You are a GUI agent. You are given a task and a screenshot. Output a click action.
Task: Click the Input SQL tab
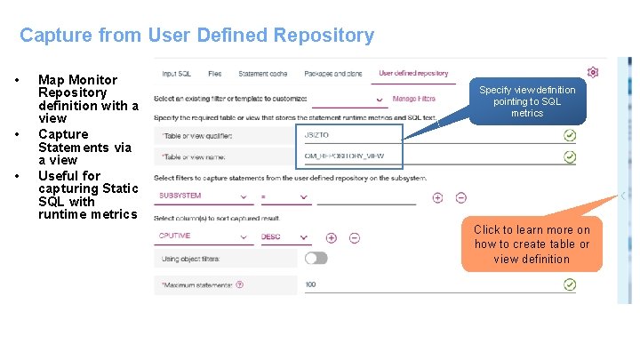pos(176,73)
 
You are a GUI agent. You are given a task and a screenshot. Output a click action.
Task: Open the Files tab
pos(215,73)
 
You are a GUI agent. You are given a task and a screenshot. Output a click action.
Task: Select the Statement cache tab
pos(262,73)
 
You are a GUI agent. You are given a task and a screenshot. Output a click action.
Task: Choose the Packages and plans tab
pos(332,73)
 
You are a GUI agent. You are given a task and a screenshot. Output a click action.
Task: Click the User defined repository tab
pos(413,73)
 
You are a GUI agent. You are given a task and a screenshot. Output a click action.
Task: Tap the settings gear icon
pos(593,72)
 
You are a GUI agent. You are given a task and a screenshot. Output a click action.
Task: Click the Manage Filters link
pos(413,99)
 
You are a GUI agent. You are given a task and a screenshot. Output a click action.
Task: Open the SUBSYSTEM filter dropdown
pos(204,196)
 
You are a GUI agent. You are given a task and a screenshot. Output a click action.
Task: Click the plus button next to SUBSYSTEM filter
pos(437,197)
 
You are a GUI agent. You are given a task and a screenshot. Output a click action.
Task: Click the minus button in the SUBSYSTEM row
pos(460,197)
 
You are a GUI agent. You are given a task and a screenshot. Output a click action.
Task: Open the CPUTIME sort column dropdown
pos(204,237)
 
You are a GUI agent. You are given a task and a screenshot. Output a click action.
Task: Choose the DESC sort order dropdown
pos(284,237)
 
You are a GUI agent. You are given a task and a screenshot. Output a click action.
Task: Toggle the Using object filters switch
pos(316,258)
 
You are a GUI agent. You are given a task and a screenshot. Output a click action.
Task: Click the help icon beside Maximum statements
pos(240,285)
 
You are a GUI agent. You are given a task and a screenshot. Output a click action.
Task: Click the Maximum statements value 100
pos(311,285)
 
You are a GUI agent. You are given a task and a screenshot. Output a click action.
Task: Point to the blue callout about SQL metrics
pos(527,101)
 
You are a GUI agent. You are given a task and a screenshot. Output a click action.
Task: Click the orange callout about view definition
pos(532,244)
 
